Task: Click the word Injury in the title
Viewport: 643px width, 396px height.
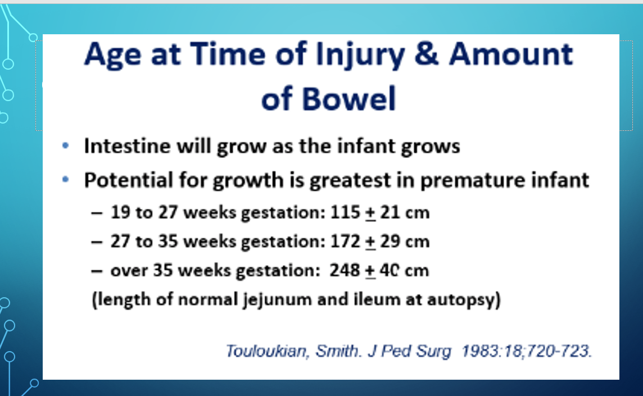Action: (x=360, y=56)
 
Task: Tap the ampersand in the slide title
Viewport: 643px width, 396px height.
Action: (x=426, y=54)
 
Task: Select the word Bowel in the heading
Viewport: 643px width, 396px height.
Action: (x=349, y=99)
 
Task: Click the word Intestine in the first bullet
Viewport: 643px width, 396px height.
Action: (x=127, y=145)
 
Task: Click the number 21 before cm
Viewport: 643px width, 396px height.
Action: (x=390, y=212)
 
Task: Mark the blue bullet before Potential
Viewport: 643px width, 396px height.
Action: (x=65, y=179)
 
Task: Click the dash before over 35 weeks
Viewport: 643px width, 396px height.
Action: (x=96, y=271)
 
